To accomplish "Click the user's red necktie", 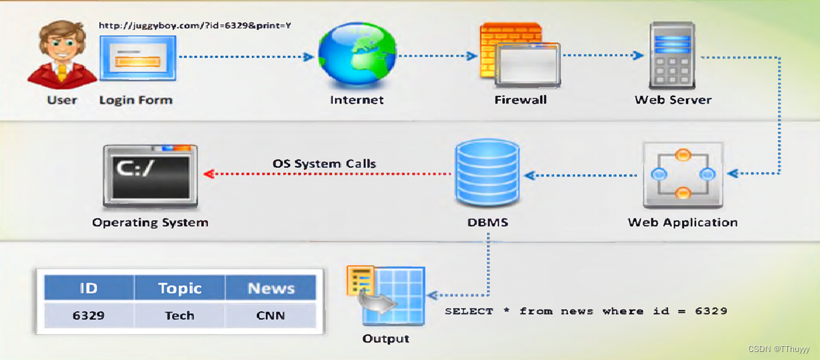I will coord(62,72).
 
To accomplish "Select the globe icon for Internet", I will coord(356,57).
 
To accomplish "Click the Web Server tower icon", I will coord(672,56).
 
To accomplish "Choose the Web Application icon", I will coord(682,175).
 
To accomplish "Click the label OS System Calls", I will coord(324,163).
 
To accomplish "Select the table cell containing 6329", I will coord(88,315).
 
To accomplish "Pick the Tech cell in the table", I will coord(179,315).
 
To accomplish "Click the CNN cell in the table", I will coord(270,315).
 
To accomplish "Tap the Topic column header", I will coord(179,288).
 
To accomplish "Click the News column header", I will coord(270,288).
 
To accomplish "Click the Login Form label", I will coord(136,100).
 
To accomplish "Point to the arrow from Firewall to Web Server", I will coord(603,56).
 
